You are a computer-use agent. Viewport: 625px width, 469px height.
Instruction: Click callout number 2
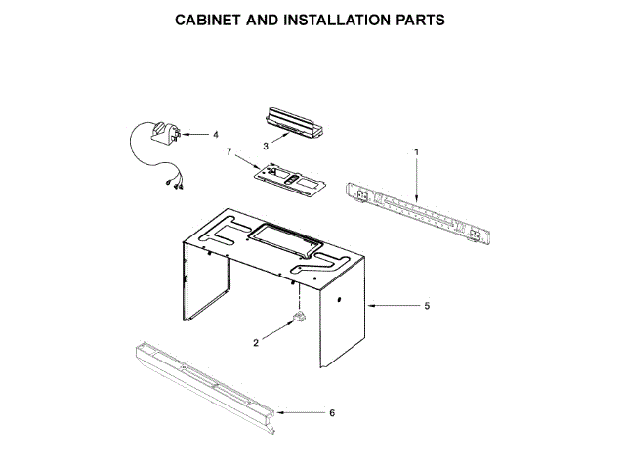[x=257, y=343]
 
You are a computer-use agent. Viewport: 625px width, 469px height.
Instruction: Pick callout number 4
[x=216, y=134]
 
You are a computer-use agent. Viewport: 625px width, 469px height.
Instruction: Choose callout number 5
[x=426, y=306]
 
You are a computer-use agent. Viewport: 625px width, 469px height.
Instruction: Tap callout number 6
[x=331, y=412]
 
